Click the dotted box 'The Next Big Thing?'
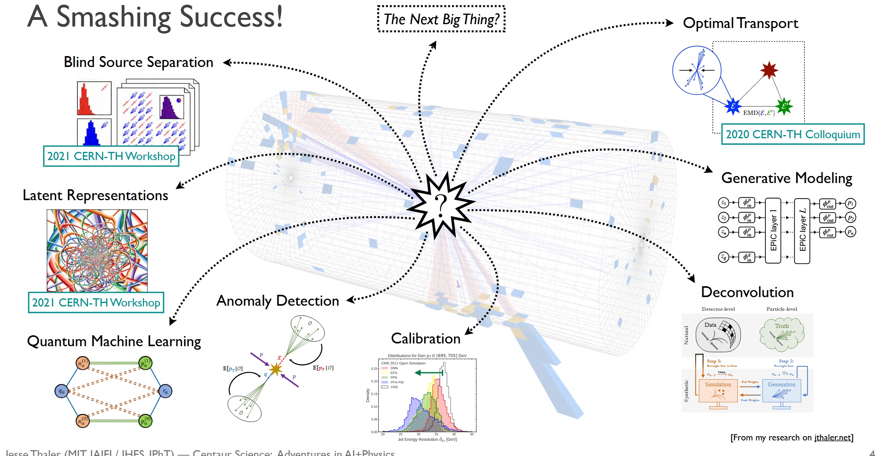(x=441, y=19)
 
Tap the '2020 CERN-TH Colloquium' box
(x=793, y=134)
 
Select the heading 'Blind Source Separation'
(x=139, y=62)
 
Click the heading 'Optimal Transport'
(x=740, y=23)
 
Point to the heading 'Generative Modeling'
(x=786, y=178)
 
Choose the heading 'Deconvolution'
(x=747, y=292)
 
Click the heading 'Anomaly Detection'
(x=277, y=301)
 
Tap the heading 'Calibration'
(x=425, y=338)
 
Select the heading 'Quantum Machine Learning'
(x=114, y=341)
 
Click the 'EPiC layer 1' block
(x=773, y=231)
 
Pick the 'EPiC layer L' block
(x=802, y=231)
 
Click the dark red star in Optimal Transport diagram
(x=769, y=70)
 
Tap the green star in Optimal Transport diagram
(x=784, y=106)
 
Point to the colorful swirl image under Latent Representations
(x=97, y=250)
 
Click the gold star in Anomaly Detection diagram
(x=275, y=369)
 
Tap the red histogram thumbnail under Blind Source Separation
(x=94, y=98)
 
